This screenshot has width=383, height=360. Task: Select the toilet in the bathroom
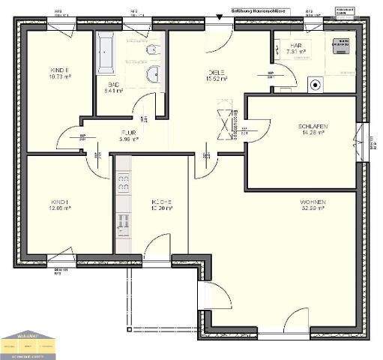point(152,50)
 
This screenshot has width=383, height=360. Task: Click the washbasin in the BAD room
point(153,73)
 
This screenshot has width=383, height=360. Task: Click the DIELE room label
point(217,72)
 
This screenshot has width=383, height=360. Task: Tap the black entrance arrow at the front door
point(220,14)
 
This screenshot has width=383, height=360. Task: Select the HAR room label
point(295,46)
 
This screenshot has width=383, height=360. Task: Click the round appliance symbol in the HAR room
point(317,84)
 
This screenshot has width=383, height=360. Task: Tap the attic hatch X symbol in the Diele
point(223,124)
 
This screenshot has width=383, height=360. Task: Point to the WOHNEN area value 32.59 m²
point(313,208)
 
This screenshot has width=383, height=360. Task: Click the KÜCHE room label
point(162,202)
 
